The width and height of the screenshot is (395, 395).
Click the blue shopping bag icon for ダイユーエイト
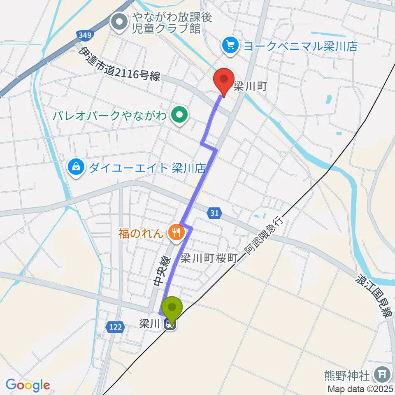pyautogui.click(x=77, y=167)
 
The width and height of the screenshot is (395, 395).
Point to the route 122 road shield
pyautogui.click(x=116, y=327)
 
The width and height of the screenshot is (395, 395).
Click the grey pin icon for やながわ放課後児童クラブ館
pyautogui.click(x=119, y=23)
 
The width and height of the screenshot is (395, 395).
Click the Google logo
pyautogui.click(x=28, y=386)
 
